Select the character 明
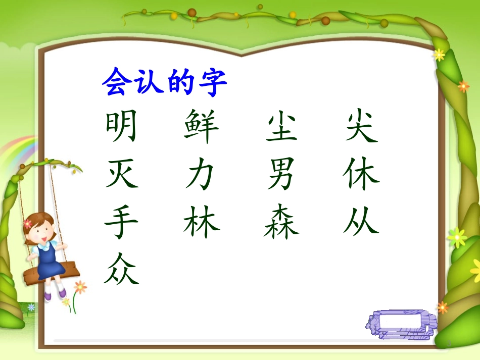(121, 127)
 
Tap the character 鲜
(202, 127)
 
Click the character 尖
(362, 127)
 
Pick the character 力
(201, 176)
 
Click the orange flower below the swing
(80, 287)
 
